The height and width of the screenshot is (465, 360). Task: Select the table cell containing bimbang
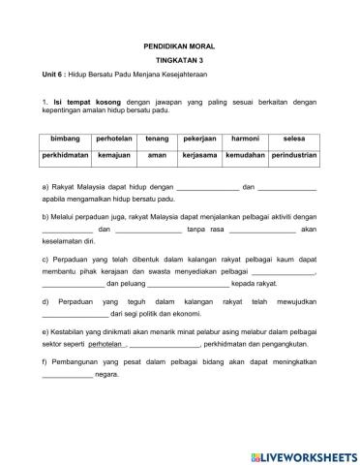pyautogui.click(x=65, y=139)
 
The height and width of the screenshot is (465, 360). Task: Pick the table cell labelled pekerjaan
pyautogui.click(x=197, y=139)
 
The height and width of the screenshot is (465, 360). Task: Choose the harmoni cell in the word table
pyautogui.click(x=243, y=139)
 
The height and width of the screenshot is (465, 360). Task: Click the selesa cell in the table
pyautogui.click(x=293, y=139)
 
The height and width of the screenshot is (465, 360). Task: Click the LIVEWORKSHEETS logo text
pyautogui.click(x=305, y=455)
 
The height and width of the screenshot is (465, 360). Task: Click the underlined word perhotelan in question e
pyautogui.click(x=105, y=370)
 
